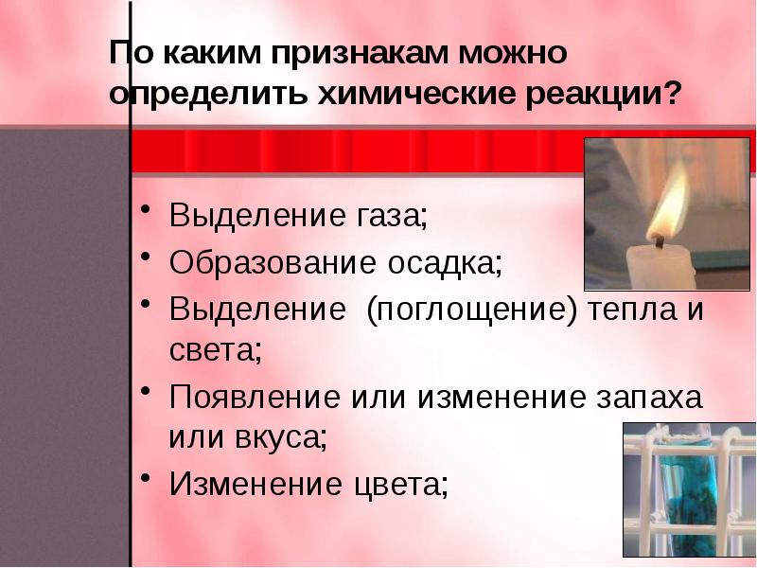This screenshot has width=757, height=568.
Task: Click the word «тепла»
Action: point(635,309)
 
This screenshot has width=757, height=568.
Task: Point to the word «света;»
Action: point(215,350)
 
